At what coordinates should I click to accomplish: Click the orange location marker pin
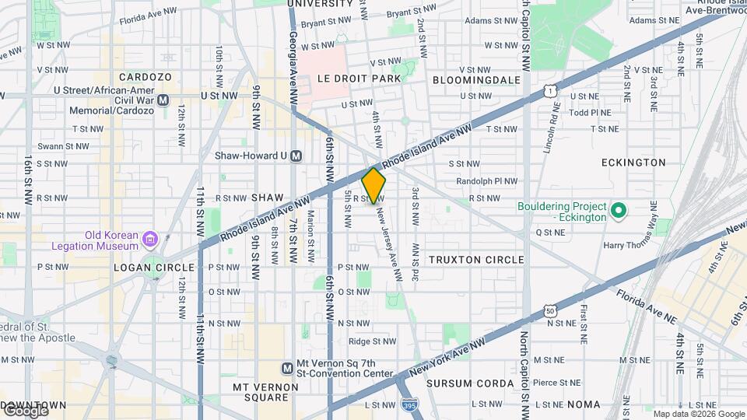coord(373,185)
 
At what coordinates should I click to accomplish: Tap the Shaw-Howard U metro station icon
coord(296,156)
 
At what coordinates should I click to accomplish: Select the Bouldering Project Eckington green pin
coord(618,211)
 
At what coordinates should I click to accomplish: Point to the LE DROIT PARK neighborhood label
coord(359,79)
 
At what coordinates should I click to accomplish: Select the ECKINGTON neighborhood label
coord(633,163)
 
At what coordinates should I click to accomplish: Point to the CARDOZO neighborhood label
coord(145,77)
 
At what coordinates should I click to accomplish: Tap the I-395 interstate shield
coord(409,405)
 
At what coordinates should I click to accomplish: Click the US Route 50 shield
coord(550,311)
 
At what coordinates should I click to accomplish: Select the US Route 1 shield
coord(550,91)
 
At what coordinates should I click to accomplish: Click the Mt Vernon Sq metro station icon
coord(287,368)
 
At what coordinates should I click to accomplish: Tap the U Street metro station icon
coord(163,100)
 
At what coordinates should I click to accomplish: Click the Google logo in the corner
coord(25,411)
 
